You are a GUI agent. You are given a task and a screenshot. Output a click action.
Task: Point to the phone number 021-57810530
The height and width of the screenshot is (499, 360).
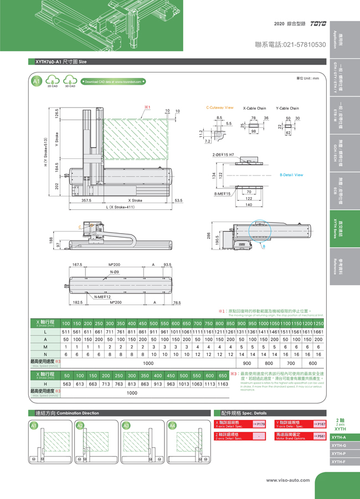[x=290, y=44]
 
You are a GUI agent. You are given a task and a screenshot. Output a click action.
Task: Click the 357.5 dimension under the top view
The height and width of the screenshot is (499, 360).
[x=86, y=200]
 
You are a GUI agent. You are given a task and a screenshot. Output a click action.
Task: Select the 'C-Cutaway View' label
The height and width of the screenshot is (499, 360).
[x=220, y=108]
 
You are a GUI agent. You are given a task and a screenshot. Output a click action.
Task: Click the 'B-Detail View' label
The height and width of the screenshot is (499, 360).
[x=291, y=175]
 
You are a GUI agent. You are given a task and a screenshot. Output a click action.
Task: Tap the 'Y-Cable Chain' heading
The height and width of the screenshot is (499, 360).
[x=287, y=108]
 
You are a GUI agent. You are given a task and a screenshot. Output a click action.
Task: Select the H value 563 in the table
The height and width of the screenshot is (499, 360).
[x=67, y=384]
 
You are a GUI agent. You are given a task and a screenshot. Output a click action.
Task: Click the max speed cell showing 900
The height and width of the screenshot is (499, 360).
[x=247, y=363]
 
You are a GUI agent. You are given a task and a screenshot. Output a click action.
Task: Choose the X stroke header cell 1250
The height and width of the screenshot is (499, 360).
[x=318, y=323]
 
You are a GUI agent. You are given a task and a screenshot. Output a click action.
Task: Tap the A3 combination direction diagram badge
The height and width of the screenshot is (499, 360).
[x=126, y=425]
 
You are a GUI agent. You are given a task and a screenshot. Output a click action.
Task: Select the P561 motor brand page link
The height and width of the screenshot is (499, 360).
[x=320, y=436]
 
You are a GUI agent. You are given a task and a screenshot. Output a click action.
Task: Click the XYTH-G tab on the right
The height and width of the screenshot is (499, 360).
[x=338, y=445]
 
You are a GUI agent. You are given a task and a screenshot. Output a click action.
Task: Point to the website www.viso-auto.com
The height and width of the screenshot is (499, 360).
[x=288, y=480]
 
